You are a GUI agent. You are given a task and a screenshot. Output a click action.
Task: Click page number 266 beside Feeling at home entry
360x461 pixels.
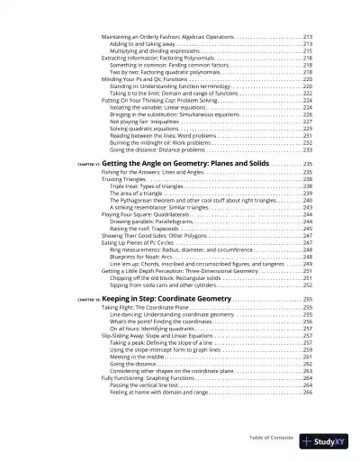pos(307,392)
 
